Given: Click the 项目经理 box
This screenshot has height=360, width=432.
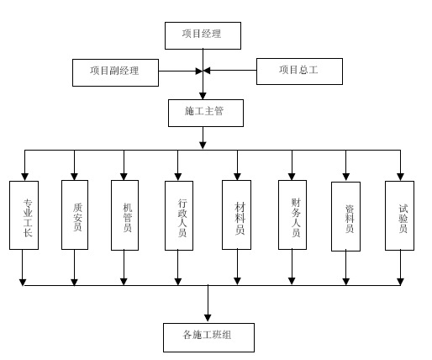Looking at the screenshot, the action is click(x=203, y=35).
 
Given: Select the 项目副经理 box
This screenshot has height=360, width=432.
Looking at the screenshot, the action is click(x=115, y=72).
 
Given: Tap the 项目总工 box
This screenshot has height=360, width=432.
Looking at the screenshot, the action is click(x=299, y=71).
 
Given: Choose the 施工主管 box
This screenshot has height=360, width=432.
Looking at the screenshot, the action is click(x=206, y=113).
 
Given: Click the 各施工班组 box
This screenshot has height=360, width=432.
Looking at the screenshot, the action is click(x=208, y=337).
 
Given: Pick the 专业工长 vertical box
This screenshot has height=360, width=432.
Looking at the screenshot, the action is click(x=24, y=215).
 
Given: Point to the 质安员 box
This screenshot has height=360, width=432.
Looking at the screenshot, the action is click(x=75, y=214).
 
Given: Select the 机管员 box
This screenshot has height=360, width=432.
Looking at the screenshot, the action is click(x=124, y=215).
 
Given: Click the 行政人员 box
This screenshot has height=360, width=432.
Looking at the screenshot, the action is click(x=179, y=215).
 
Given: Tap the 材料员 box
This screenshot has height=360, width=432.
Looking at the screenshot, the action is click(x=236, y=214).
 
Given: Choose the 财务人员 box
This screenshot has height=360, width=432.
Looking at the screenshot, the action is click(x=292, y=214).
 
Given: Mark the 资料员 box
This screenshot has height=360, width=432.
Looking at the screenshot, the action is click(x=345, y=216).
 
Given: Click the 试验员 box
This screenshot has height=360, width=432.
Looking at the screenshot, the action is click(x=399, y=215).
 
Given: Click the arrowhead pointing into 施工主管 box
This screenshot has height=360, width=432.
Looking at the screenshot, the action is click(x=203, y=96).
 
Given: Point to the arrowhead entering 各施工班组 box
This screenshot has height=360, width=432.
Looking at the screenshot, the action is click(x=208, y=318).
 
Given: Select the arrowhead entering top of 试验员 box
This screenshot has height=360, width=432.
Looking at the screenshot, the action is click(x=400, y=177).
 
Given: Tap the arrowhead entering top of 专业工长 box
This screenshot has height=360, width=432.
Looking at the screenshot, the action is click(x=25, y=177).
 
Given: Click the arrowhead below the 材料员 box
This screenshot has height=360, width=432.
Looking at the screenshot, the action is click(x=237, y=281).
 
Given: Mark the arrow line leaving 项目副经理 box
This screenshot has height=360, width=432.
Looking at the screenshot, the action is click(x=181, y=71).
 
